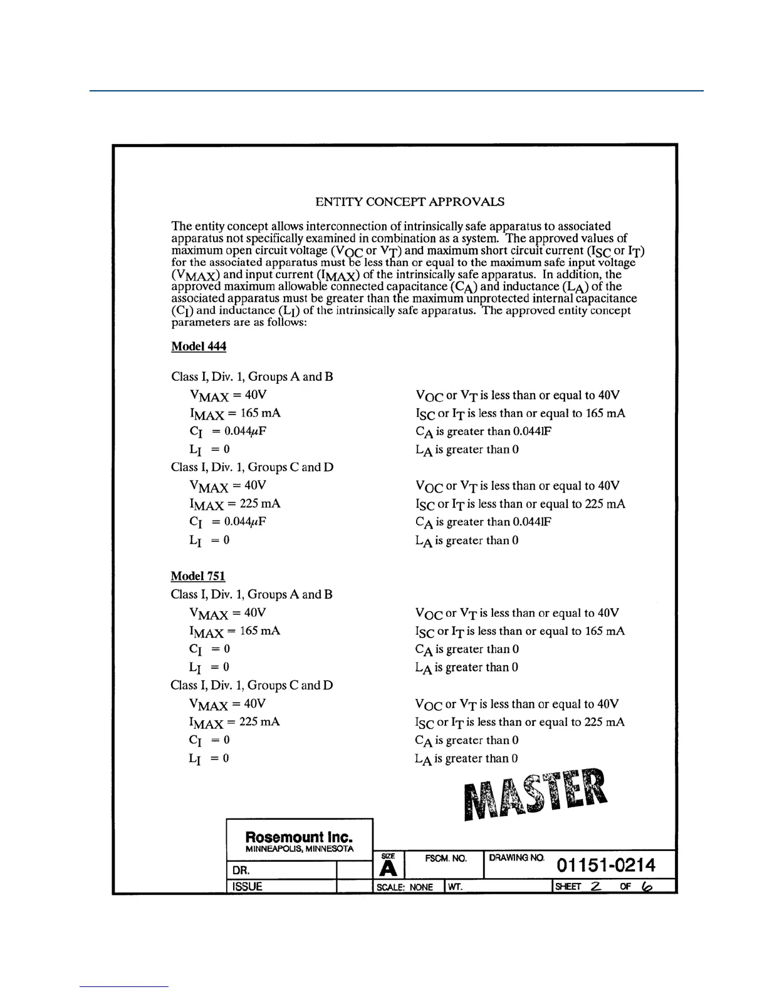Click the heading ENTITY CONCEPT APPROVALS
coord(410,202)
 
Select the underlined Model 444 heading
coord(199,346)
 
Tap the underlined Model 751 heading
coord(198,576)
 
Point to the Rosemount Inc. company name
coord(299,837)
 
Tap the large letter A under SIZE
coord(389,868)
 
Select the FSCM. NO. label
coord(446,859)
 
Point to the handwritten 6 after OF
coord(647,886)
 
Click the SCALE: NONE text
coord(404,887)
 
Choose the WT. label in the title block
coord(455,887)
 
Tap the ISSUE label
coord(247,886)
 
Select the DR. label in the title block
coord(241,870)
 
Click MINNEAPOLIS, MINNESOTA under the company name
coord(299,849)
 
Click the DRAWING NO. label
coord(516,858)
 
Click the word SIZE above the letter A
coord(389,856)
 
